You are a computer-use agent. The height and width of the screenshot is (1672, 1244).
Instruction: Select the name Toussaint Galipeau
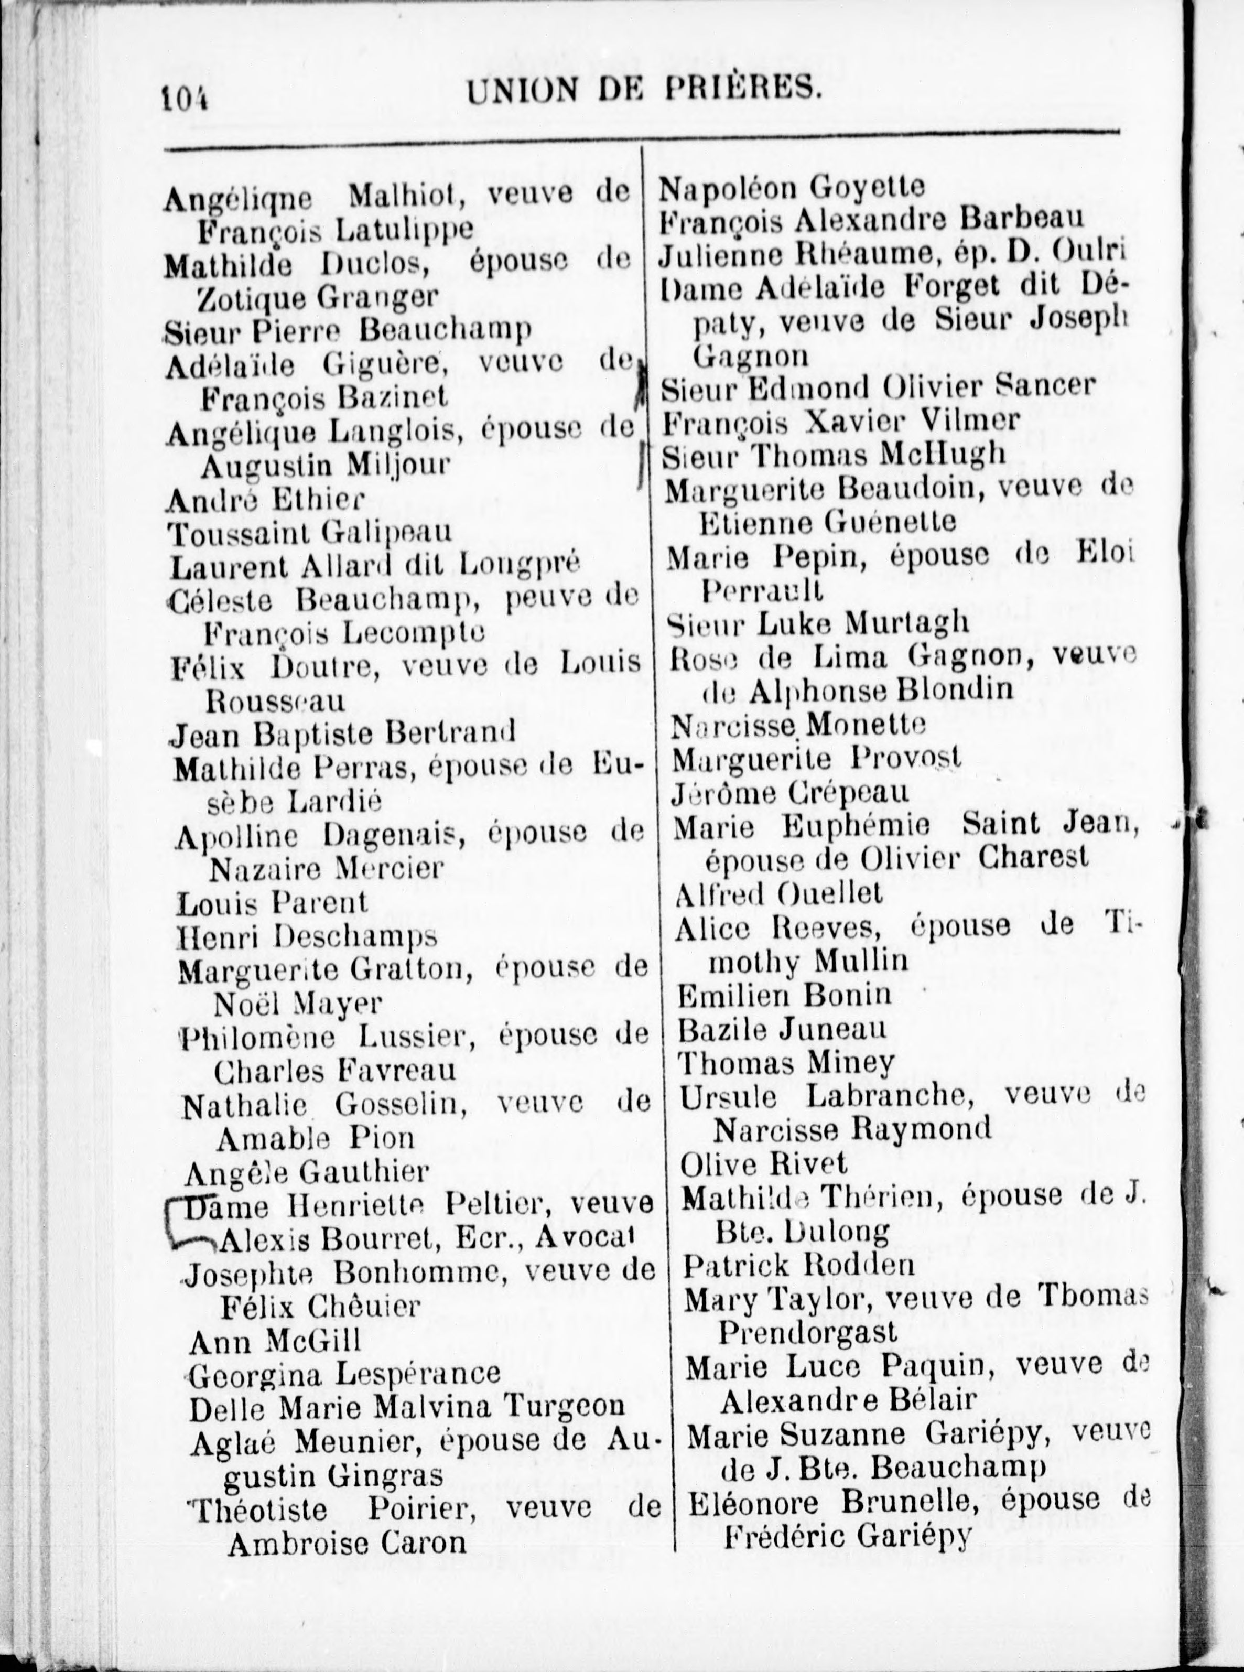[309, 533]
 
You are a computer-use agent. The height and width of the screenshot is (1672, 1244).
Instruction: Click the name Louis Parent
[272, 903]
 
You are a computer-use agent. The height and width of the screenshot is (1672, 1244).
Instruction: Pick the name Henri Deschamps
[307, 937]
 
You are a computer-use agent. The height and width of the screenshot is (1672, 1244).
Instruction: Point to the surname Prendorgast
[807, 1332]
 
